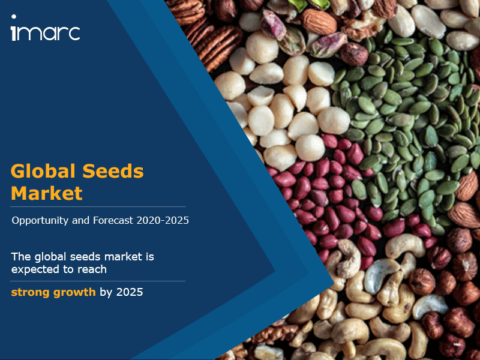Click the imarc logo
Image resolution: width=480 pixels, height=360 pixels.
[x=46, y=28]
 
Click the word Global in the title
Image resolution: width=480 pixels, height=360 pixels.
[x=43, y=171]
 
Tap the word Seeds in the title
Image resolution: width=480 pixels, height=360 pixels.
[x=113, y=171]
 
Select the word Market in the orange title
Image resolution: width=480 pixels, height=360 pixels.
[x=47, y=193]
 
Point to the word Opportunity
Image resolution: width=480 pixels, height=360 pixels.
[x=40, y=220]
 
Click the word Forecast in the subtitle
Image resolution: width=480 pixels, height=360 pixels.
[x=113, y=220]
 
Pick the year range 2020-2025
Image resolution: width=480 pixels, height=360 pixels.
[x=163, y=220]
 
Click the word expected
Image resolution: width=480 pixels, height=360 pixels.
[x=34, y=269]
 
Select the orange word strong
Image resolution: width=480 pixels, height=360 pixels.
[x=31, y=292]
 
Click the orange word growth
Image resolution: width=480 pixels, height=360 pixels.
[x=74, y=292]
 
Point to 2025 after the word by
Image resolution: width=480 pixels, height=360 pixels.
[x=130, y=292]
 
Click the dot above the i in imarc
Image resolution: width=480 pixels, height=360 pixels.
[x=14, y=17]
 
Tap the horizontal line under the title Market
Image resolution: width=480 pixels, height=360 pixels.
[x=98, y=207]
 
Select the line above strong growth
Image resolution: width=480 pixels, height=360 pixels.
[x=98, y=281]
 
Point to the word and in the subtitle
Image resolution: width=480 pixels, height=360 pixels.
[x=81, y=220]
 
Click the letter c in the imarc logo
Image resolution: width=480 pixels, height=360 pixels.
[x=74, y=33]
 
